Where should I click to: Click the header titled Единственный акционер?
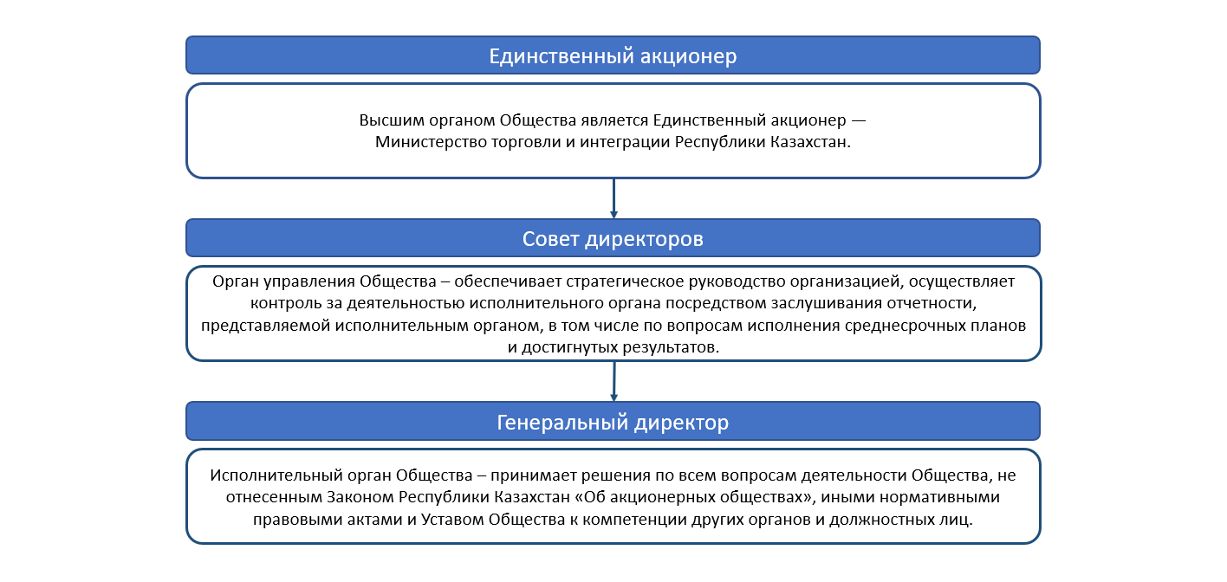613,55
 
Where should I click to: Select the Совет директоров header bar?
613,238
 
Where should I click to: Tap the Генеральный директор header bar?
613,421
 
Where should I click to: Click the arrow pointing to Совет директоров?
613,198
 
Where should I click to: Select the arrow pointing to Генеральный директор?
614,382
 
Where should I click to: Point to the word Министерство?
431,142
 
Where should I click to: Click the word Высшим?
392,120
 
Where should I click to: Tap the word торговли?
526,143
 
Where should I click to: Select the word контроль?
285,303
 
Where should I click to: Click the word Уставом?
452,519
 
